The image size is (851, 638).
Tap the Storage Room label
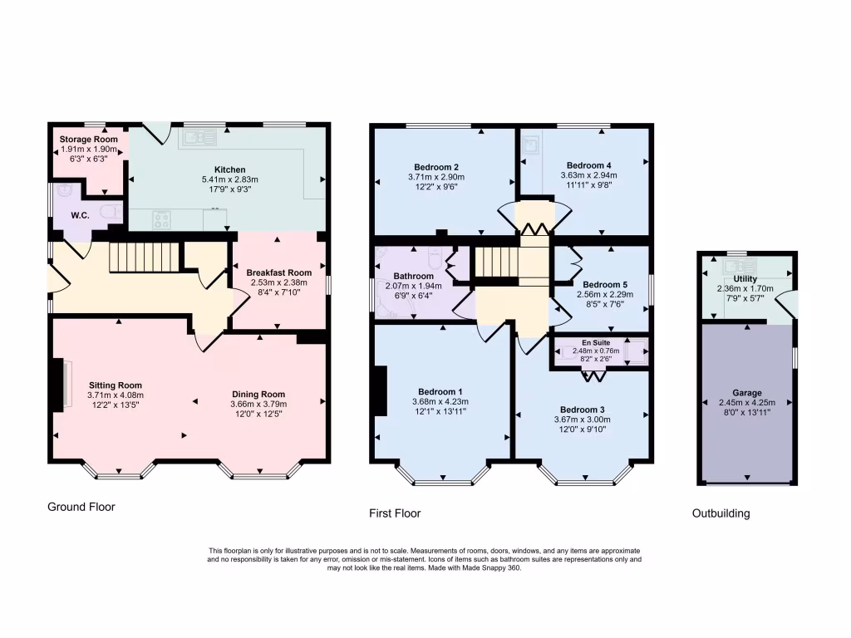pos(88,139)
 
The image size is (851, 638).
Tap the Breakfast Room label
pos(278,272)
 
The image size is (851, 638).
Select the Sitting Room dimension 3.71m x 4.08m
pos(116,395)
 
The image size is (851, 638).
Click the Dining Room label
pos(258,395)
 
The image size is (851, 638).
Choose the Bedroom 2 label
pos(435,165)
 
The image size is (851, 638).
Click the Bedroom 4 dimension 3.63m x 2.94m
pos(588,175)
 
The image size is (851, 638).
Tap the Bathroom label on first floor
pos(413,276)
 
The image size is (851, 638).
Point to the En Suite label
pos(595,341)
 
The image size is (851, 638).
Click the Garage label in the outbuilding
pos(746,393)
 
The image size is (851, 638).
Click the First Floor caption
pos(395,513)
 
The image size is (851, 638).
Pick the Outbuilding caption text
pos(721,513)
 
